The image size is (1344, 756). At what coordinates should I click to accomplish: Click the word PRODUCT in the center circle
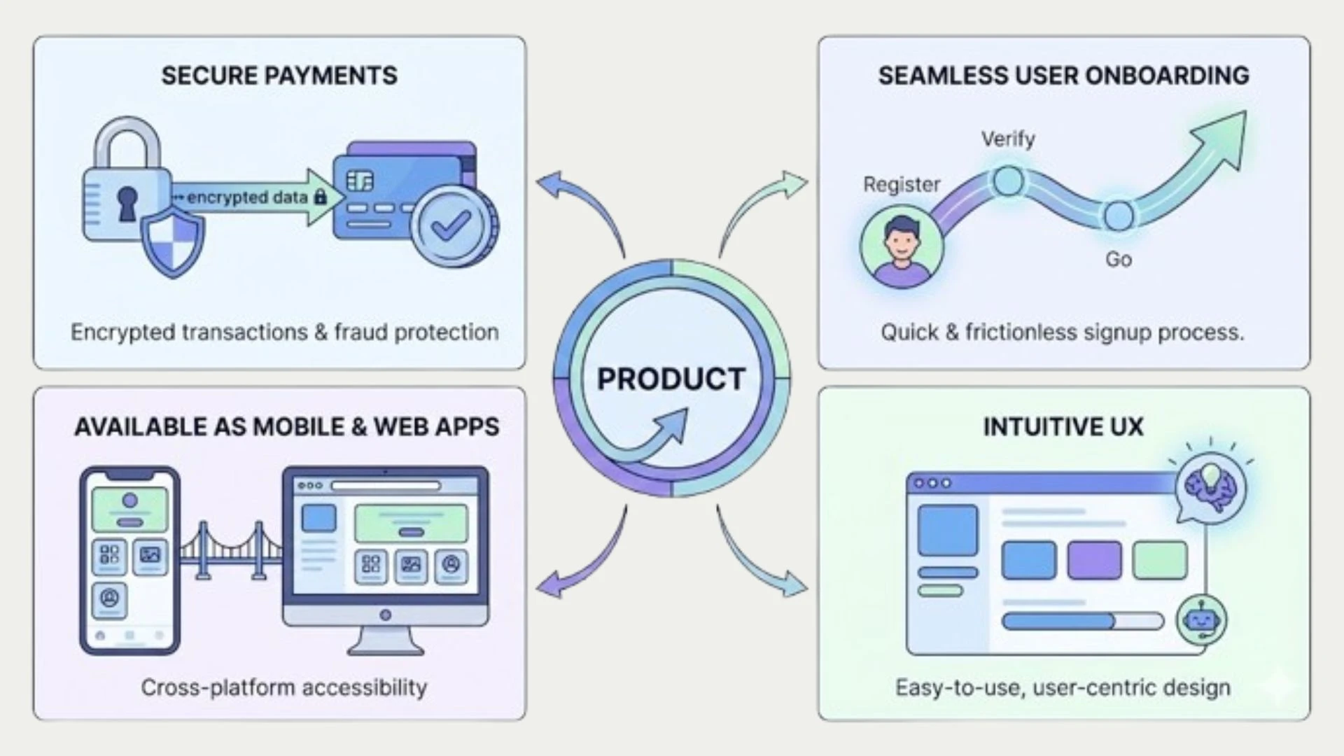tap(671, 379)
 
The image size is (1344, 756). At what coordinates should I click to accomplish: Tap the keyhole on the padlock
tap(127, 203)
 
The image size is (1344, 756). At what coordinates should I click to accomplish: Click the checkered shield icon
tap(173, 240)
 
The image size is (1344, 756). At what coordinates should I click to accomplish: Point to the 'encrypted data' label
tap(247, 197)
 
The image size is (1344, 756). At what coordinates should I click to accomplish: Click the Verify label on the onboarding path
tap(1007, 139)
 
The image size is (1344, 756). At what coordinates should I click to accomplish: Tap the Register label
tap(901, 184)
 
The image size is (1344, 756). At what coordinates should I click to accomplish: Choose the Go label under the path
tap(1118, 259)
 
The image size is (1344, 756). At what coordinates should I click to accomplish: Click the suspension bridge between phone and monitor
tap(231, 551)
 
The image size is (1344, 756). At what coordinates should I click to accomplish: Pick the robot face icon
tap(1201, 619)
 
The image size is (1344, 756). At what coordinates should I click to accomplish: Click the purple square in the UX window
tap(1093, 559)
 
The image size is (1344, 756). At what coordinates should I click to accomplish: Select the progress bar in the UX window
tap(1081, 621)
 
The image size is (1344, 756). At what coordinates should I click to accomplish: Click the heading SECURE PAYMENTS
tap(279, 76)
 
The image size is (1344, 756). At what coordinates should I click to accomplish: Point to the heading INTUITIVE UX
tap(1063, 426)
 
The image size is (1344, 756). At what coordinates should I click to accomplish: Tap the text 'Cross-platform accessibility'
tap(283, 687)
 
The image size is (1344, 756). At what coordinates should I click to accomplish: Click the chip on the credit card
tap(360, 181)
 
